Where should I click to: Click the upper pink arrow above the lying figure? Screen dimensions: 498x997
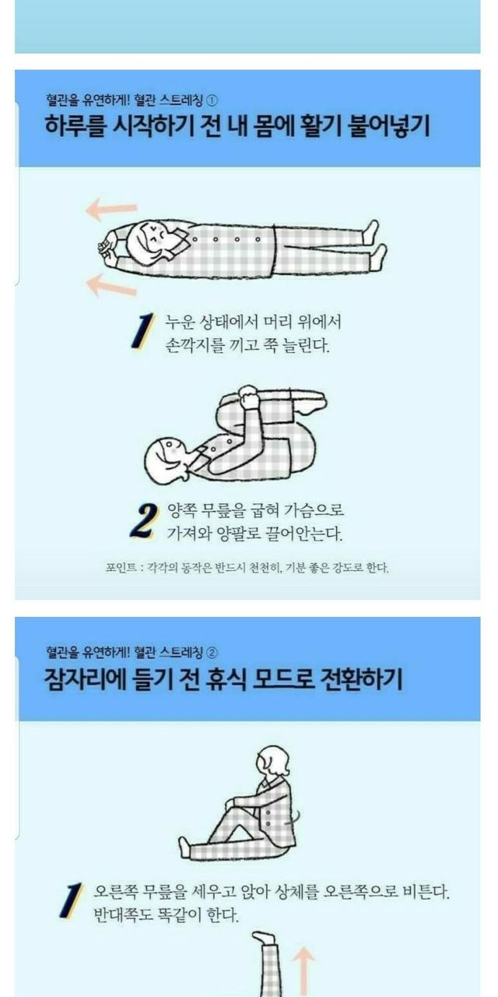point(111,210)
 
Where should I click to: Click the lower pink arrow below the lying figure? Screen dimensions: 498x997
point(111,285)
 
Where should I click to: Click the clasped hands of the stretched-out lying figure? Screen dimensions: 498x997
point(107,246)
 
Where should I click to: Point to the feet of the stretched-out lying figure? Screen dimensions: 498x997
point(375,245)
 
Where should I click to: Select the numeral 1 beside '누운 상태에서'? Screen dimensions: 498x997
point(143,331)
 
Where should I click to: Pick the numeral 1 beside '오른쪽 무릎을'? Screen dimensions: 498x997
point(71,900)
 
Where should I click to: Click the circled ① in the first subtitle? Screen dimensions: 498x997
point(212,101)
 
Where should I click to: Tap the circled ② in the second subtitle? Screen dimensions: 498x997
point(212,653)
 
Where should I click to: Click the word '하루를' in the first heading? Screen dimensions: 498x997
point(75,126)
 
